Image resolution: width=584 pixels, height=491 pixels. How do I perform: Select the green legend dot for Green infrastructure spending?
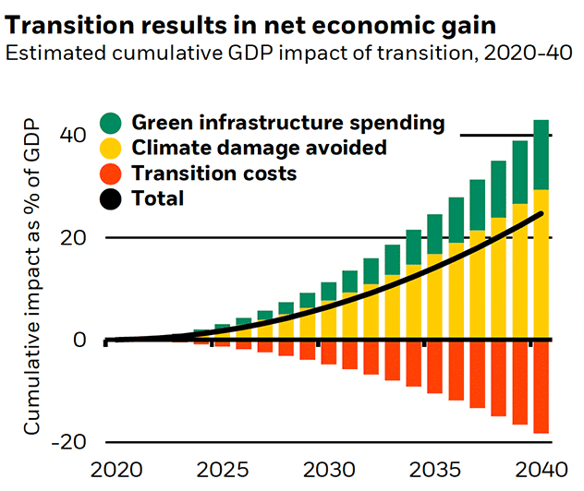pos(111,123)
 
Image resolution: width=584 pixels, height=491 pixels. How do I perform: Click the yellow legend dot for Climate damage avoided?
pos(111,148)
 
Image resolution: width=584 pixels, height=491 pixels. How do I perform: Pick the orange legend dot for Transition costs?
pos(111,173)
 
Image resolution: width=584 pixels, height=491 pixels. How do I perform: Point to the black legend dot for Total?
pos(111,198)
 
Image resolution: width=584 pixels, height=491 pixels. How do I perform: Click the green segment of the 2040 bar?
pos(541,155)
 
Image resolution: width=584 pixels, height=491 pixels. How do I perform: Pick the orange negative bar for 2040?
pos(541,387)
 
